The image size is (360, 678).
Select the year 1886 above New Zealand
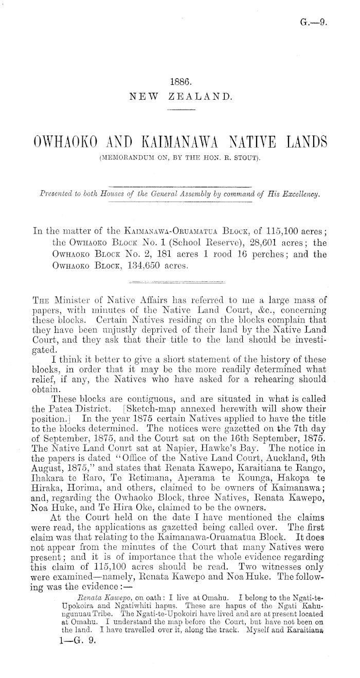pyautogui.click(x=180, y=81)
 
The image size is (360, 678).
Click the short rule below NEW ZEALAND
pyautogui.click(x=180, y=110)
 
